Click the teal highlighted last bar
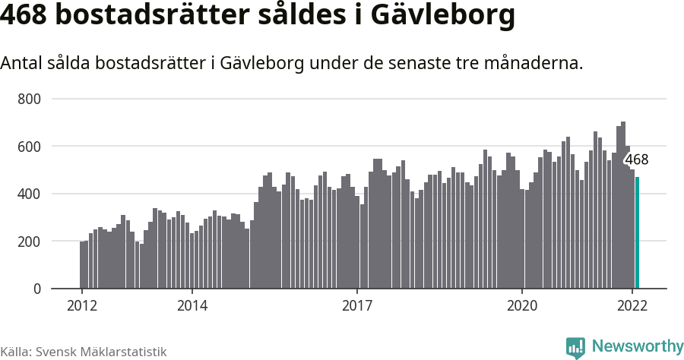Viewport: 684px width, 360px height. tap(638, 233)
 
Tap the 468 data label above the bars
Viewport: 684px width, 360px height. tap(636, 159)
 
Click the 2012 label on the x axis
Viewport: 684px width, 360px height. tap(82, 306)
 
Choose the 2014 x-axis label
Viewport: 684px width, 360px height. tap(192, 306)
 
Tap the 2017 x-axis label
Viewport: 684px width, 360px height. tap(357, 306)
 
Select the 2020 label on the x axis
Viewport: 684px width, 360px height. tap(522, 306)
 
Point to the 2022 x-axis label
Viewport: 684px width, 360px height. tap(632, 306)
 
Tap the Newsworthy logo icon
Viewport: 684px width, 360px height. tap(575, 347)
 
